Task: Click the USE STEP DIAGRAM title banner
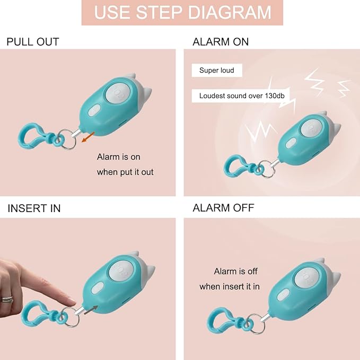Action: pyautogui.click(x=182, y=12)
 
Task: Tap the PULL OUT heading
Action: pyautogui.click(x=33, y=42)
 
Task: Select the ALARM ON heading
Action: pyautogui.click(x=221, y=42)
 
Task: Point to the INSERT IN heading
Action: pyautogui.click(x=34, y=208)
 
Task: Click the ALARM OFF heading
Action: pyautogui.click(x=223, y=208)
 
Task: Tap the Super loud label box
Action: pyautogui.click(x=217, y=71)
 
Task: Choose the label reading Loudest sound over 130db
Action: pyautogui.click(x=242, y=96)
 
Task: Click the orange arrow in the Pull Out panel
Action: pyautogui.click(x=88, y=137)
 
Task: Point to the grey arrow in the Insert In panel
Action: pyautogui.click(x=91, y=310)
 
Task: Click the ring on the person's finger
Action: pyautogui.click(x=7, y=299)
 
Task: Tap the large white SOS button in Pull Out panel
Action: pyautogui.click(x=118, y=94)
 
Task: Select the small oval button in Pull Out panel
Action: pyautogui.click(x=94, y=110)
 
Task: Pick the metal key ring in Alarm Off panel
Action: pyautogui.click(x=254, y=323)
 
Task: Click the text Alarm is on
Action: pyautogui.click(x=118, y=157)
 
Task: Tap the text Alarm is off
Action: pyautogui.click(x=235, y=271)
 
